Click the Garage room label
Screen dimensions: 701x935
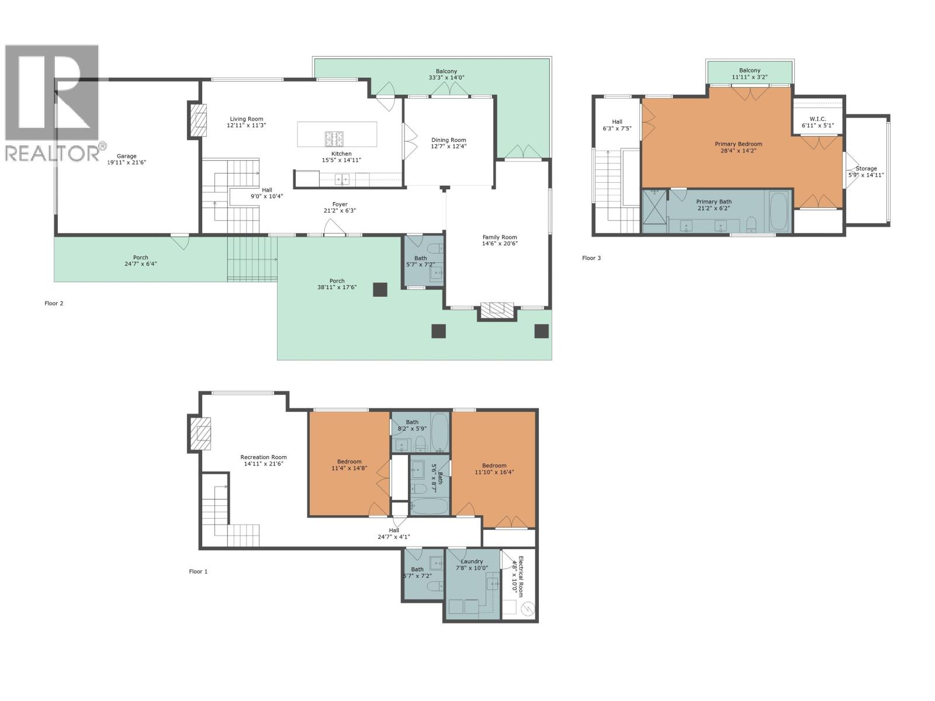pyautogui.click(x=126, y=156)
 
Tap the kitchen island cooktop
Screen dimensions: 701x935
pyautogui.click(x=334, y=138)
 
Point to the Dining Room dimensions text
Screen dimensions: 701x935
pyautogui.click(x=449, y=147)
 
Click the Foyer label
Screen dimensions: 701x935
pyautogui.click(x=340, y=204)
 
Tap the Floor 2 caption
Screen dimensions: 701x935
pyautogui.click(x=54, y=303)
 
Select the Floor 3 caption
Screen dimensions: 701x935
pyautogui.click(x=591, y=258)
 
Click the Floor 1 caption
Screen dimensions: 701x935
pyautogui.click(x=198, y=571)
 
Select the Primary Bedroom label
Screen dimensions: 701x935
pyautogui.click(x=738, y=144)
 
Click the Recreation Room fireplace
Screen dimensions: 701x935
pyautogui.click(x=202, y=433)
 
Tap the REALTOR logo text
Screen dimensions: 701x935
pyautogui.click(x=53, y=154)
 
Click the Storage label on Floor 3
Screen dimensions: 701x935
pyautogui.click(x=866, y=168)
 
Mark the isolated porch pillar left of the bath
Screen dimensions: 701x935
pyautogui.click(x=380, y=290)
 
